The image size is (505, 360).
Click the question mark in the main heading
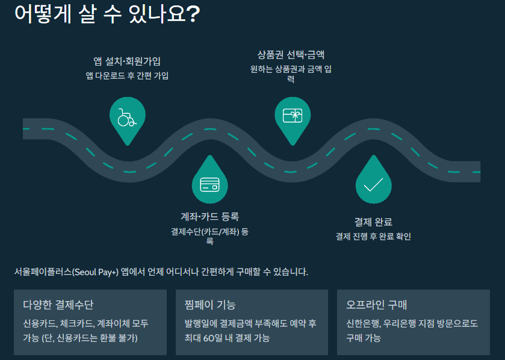coord(193,14)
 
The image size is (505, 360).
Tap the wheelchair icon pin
coord(127,117)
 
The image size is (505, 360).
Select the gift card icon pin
coord(292,114)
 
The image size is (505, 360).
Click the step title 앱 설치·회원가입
coord(127,61)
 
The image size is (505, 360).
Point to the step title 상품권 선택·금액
coord(291,55)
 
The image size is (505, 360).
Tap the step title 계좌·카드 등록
coord(209,217)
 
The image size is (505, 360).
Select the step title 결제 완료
coord(373,222)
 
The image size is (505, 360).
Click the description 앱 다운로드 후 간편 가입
coord(127,76)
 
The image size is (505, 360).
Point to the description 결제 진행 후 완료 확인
coord(373,237)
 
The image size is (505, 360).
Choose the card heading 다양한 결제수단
coord(58,305)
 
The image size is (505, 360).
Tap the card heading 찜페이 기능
coord(210,305)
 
